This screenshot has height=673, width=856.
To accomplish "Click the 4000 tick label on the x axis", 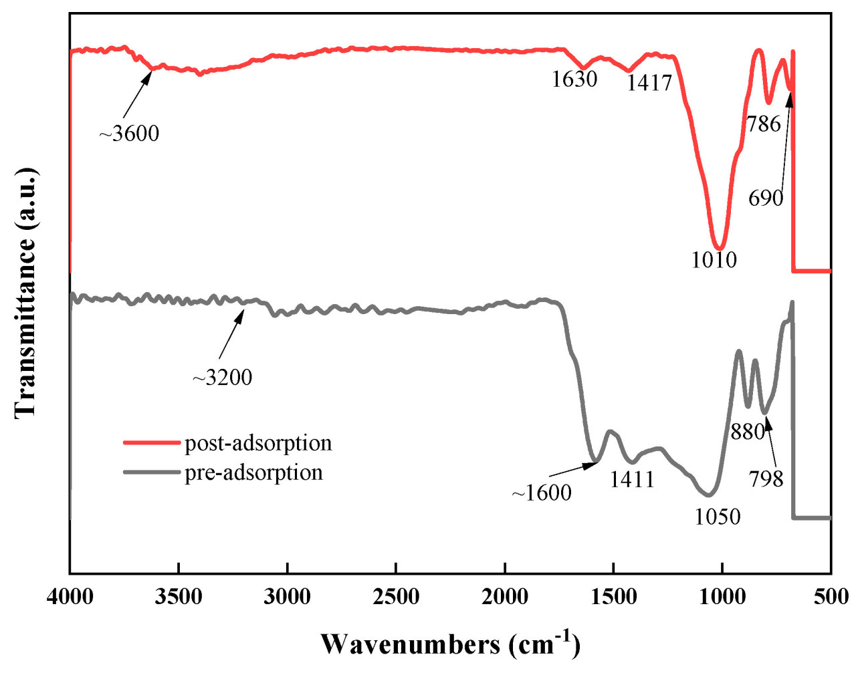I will (x=70, y=596).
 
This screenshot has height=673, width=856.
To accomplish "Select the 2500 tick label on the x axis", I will (x=396, y=596).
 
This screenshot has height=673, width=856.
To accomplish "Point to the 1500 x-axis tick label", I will (x=613, y=596).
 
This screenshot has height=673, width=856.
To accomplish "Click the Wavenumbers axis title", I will (x=450, y=644).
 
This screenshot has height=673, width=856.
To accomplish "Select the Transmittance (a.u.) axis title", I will (x=26, y=293).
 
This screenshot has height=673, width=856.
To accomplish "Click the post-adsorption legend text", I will (x=258, y=443).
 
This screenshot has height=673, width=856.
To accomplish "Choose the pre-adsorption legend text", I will (x=253, y=473).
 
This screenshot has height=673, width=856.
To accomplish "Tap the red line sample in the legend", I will (x=152, y=443).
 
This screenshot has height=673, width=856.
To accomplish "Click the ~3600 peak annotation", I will (x=130, y=134).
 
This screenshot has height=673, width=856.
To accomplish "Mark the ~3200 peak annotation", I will (x=223, y=378).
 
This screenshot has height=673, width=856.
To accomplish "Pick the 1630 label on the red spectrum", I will (x=574, y=80).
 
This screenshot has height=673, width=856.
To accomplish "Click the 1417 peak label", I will (x=649, y=83).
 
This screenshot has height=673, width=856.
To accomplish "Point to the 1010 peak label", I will (x=714, y=260).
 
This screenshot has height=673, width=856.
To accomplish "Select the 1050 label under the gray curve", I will (x=718, y=517).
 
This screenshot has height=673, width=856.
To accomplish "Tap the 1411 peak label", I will (x=632, y=479).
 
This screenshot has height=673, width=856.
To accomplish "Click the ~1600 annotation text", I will (x=542, y=493).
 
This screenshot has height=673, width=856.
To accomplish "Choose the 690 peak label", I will (x=766, y=198).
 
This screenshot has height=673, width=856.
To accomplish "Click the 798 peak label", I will (x=766, y=479).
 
